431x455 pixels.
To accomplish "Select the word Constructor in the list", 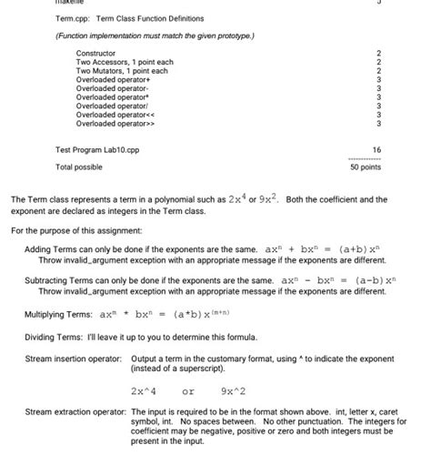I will [98, 54].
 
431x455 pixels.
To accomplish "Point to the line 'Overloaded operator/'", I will [114, 106].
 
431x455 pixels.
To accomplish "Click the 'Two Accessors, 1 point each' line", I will [125, 62].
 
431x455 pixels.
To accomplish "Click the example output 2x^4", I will [144, 391].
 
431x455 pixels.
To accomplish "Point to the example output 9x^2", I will [236, 391].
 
